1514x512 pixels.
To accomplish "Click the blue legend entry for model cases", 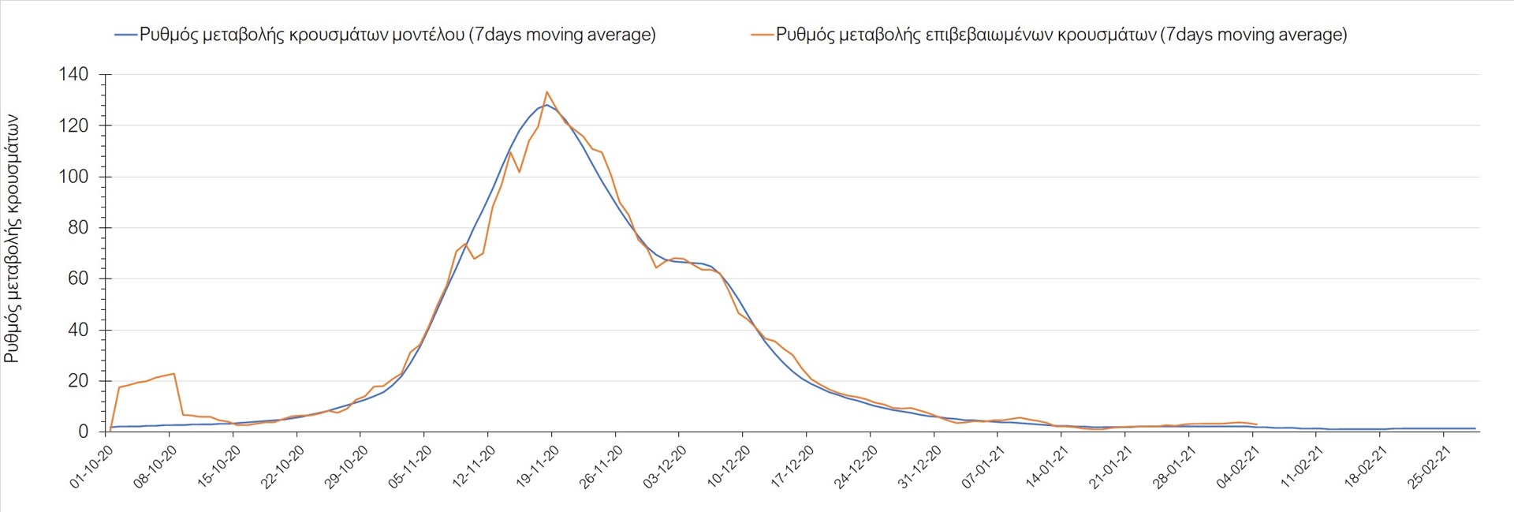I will point(386,35).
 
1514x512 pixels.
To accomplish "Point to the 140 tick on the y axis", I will point(73,75).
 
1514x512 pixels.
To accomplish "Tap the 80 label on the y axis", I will point(79,228).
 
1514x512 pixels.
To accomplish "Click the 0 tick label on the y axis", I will point(84,432).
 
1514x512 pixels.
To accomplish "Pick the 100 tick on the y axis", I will point(73,177).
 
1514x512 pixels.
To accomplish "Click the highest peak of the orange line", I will point(546,92).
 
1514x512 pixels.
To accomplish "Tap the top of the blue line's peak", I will point(546,104).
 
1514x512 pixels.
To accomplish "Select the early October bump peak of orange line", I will point(173,373).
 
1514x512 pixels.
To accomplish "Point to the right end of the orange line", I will point(1257,424).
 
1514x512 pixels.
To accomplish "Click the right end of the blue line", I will point(1475,428).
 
